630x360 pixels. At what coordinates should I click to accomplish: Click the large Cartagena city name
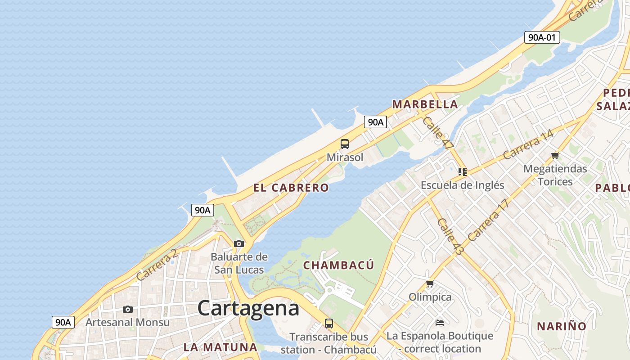point(248,309)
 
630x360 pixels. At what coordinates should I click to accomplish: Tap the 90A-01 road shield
point(542,37)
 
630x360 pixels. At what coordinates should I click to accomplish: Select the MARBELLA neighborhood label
point(425,104)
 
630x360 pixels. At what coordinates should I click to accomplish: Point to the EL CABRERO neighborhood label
point(291,188)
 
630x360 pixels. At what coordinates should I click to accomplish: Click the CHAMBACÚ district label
point(338,265)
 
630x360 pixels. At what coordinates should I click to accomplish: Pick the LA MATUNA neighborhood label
point(220,347)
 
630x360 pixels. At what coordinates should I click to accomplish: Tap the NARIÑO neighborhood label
point(562,326)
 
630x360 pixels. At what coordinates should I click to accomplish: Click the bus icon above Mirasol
point(345,144)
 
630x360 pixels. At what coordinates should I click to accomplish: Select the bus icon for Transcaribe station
point(329,324)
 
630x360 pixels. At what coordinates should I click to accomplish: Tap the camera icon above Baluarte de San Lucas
point(239,244)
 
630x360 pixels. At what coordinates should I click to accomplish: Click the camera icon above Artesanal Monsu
point(128,310)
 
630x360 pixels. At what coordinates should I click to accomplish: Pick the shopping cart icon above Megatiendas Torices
point(555,156)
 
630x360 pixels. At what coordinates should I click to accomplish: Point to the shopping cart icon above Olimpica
point(430,284)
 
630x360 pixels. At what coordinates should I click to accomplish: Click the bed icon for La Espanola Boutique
point(440,323)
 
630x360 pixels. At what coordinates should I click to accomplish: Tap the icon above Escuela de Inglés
point(462,172)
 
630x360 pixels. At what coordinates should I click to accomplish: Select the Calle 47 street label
point(438,133)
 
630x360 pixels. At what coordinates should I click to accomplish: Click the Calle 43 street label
point(449,237)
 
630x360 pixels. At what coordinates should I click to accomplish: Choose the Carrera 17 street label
point(488,220)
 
